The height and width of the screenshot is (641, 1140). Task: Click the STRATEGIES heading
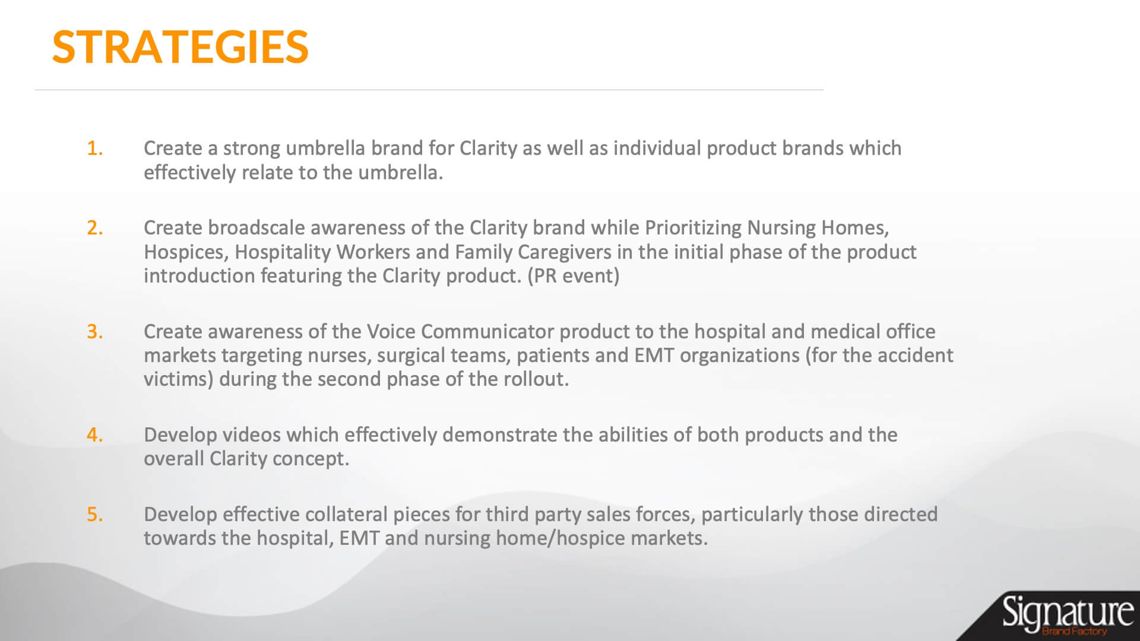click(x=180, y=46)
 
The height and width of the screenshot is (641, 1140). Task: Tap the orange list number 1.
click(x=95, y=148)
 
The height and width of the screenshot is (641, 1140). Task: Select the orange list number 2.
click(x=95, y=227)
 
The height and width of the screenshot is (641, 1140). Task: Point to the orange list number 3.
click(x=95, y=331)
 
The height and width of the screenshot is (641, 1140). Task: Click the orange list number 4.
click(x=95, y=434)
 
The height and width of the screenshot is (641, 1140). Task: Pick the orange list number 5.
click(x=95, y=514)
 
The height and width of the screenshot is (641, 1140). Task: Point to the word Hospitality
click(x=283, y=252)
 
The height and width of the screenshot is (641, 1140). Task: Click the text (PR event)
click(x=573, y=276)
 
